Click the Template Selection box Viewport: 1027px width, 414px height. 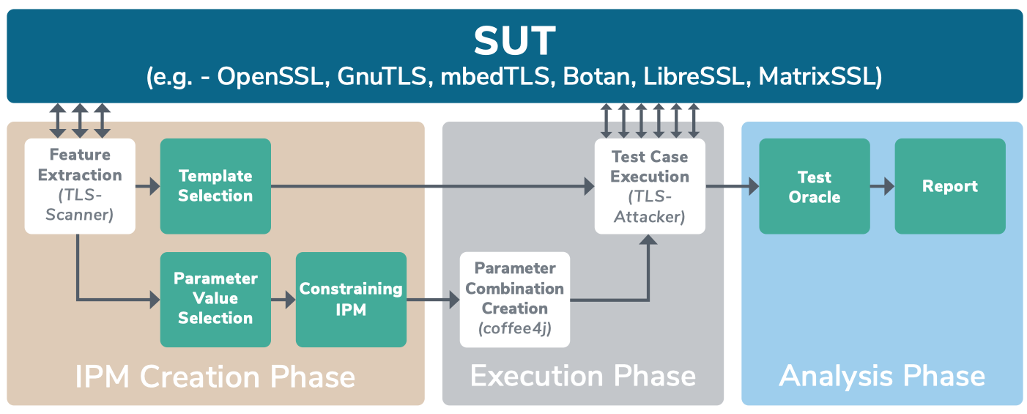point(215,186)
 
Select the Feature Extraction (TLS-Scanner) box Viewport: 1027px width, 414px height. point(80,186)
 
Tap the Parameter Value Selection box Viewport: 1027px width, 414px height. point(215,300)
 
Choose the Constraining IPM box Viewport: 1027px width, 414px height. point(351,300)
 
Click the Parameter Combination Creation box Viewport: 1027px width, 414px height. point(515,300)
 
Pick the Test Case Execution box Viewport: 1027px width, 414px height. point(650,186)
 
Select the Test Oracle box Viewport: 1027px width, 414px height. point(815,186)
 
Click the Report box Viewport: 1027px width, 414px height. point(950,186)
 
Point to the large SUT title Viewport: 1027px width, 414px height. point(515,41)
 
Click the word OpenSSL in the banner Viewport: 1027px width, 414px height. point(270,76)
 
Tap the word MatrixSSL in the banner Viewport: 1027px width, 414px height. point(818,76)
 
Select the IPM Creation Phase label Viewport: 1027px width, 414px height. point(215,377)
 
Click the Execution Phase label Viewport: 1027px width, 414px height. point(583,376)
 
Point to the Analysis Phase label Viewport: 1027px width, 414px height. point(882,377)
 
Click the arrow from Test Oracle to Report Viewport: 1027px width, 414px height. point(882,186)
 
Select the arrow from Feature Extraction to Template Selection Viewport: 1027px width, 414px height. point(148,186)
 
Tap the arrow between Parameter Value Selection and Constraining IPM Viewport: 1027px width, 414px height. point(283,300)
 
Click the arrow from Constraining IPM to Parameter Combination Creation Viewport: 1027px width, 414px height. point(433,300)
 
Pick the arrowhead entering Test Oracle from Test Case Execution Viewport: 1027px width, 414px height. point(754,186)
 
